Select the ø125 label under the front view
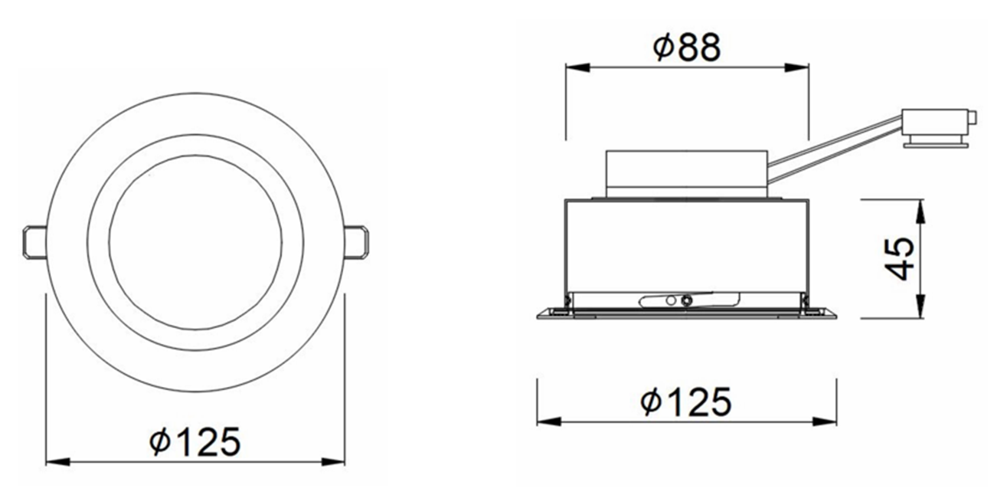click(195, 441)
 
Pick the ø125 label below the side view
click(685, 402)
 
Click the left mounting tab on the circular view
click(34, 241)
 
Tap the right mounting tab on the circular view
click(356, 241)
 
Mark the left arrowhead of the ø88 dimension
click(577, 68)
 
